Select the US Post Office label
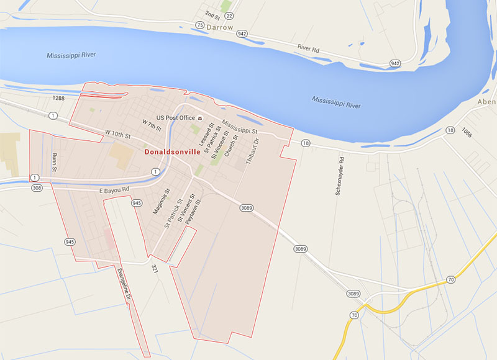coord(176,118)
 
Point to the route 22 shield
coord(230,15)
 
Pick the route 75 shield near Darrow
coord(199,25)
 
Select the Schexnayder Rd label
coord(340,176)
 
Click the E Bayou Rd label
coord(114,189)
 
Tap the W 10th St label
coord(117,134)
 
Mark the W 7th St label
coord(152,125)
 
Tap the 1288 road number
coord(59,98)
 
